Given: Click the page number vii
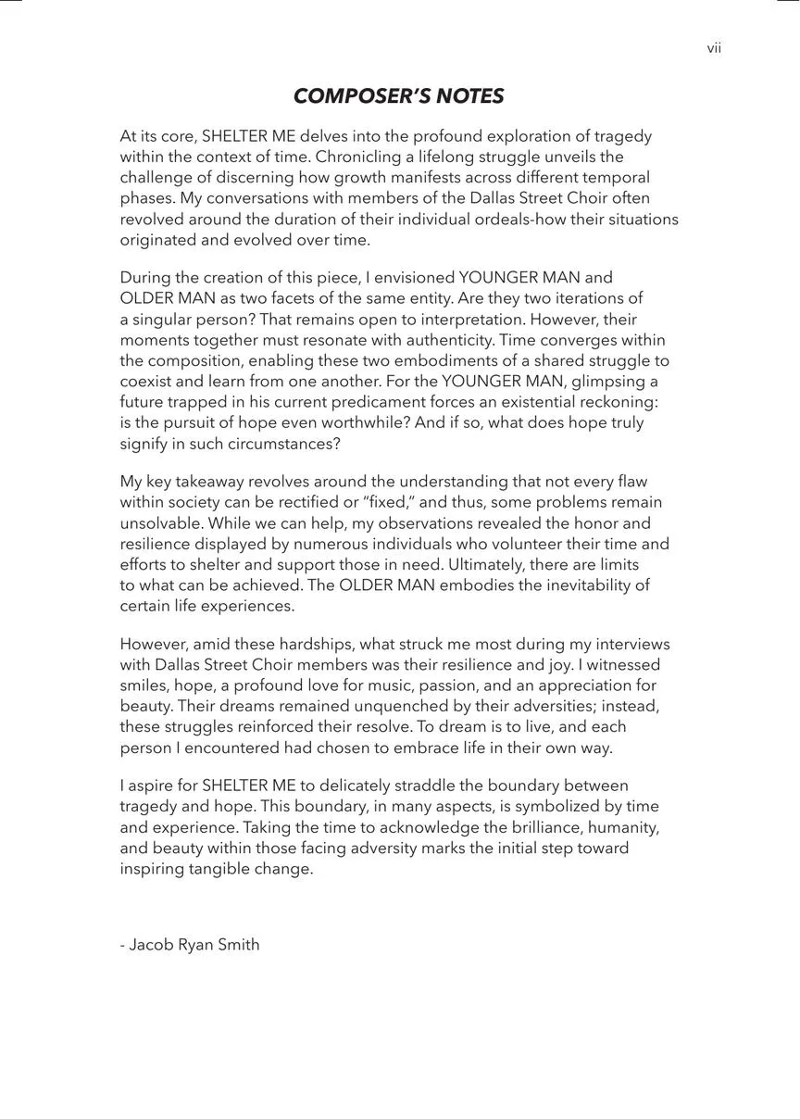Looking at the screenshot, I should (x=714, y=49).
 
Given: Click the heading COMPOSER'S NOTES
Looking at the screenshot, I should (x=399, y=96).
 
